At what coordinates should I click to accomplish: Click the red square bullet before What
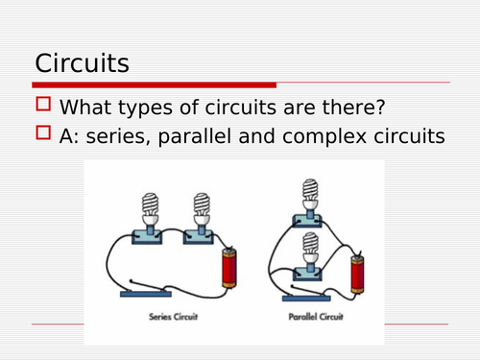click(43, 108)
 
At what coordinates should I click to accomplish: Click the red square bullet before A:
click(43, 136)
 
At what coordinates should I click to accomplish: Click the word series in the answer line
click(132, 137)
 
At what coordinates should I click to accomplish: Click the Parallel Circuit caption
click(314, 316)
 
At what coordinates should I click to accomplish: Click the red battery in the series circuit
click(228, 270)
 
